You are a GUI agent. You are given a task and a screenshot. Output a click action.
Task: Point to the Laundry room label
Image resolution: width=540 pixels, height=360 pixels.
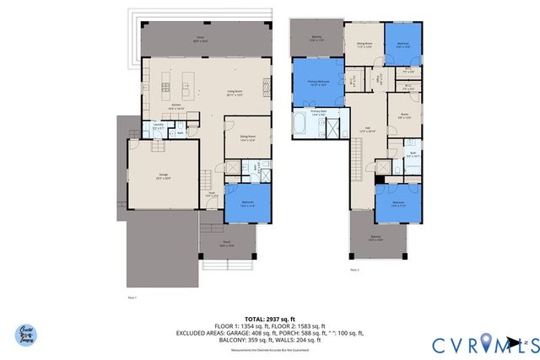tap(158, 127)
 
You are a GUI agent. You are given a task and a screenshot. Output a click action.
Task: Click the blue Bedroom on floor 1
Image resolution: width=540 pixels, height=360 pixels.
tap(248, 203)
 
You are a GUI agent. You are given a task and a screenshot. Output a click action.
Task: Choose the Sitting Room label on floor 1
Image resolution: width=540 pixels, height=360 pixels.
tap(248, 139)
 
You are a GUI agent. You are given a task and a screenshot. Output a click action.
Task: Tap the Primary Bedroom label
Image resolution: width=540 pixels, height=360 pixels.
tap(318, 83)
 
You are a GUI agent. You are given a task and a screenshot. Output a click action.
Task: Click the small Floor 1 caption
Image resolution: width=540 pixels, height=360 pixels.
tap(132, 298)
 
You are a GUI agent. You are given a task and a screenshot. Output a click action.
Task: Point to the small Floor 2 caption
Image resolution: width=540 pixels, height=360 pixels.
tap(354, 269)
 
